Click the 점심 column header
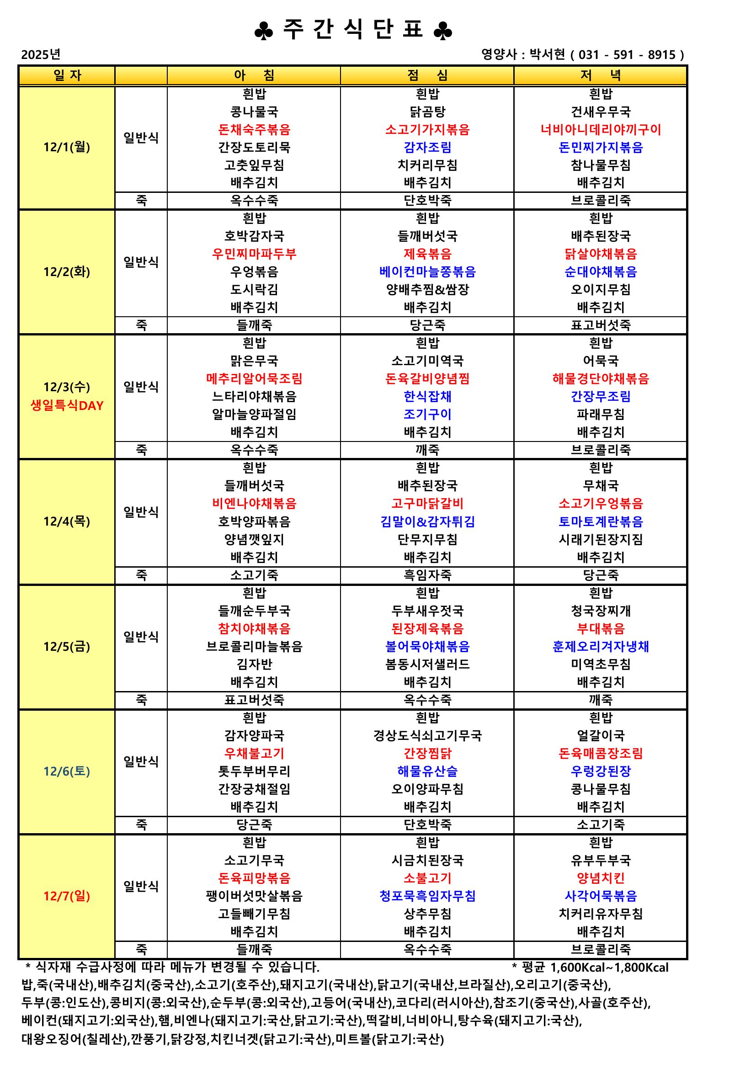pos(427,75)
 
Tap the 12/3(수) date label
pos(67,387)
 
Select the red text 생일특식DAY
pos(67,405)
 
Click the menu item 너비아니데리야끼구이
pos(601,129)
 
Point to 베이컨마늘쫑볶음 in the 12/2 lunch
pos(427,272)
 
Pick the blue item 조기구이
pos(427,415)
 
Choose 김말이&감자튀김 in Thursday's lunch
pos(427,521)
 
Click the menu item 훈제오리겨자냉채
pos(601,646)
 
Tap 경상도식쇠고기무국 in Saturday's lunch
pos(427,736)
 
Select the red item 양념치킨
pos(601,878)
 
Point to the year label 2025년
pos(41,54)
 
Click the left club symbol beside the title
pos(263,32)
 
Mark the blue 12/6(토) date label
pos(67,771)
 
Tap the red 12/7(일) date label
pos(67,896)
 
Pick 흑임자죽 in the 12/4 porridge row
pos(427,575)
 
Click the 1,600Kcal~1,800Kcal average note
pos(609,968)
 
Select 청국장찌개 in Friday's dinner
pos(601,611)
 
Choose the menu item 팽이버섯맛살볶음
pos(254,896)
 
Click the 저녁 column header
pos(601,75)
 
